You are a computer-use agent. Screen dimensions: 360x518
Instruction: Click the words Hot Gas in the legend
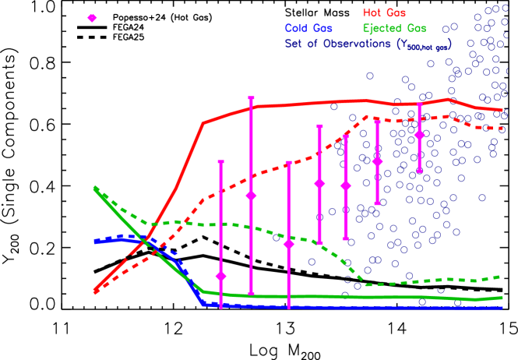[384, 13]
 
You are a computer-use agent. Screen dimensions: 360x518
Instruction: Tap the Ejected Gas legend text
[394, 29]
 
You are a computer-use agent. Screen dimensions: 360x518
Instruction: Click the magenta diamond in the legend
[92, 18]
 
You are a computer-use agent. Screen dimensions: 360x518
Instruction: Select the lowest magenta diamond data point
[221, 276]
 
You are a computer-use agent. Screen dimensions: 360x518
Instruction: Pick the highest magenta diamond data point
[420, 135]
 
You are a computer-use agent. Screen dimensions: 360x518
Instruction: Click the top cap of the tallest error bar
[251, 98]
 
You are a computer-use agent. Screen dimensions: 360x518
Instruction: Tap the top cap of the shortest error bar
[420, 103]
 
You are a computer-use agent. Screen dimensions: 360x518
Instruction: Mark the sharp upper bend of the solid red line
[203, 122]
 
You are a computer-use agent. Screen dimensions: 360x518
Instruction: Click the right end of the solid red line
[502, 111]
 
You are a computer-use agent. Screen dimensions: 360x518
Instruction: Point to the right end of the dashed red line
[502, 129]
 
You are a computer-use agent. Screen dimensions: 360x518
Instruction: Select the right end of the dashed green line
[499, 277]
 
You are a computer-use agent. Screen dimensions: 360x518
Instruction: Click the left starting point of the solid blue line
[94, 242]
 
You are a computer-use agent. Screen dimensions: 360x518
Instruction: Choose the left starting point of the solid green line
[94, 188]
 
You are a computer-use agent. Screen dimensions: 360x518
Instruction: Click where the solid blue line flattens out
[203, 303]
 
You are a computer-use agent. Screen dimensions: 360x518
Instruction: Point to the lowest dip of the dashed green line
[365, 284]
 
